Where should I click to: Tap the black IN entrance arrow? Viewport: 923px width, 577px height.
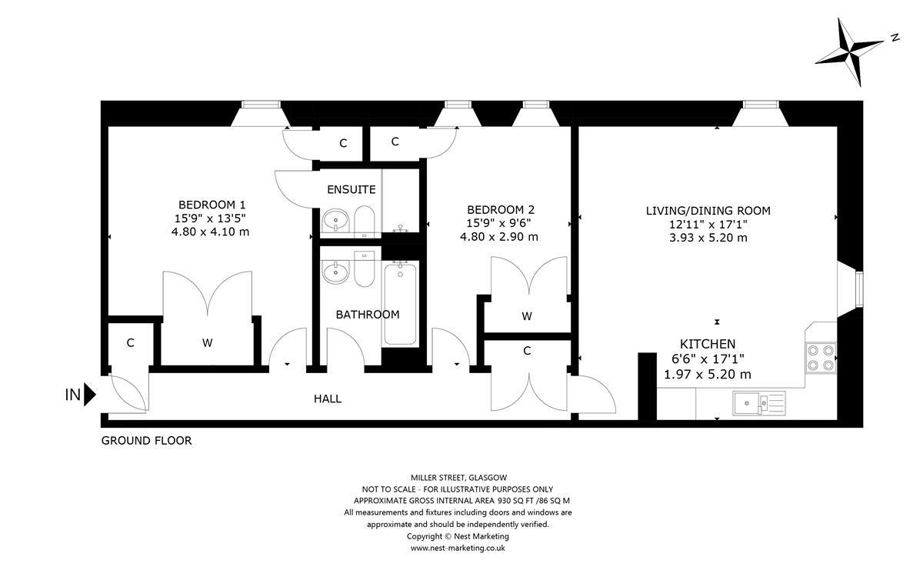pyautogui.click(x=90, y=395)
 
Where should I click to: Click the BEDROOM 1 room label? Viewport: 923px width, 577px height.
pyautogui.click(x=212, y=205)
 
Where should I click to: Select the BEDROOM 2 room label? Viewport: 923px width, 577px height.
pyautogui.click(x=500, y=210)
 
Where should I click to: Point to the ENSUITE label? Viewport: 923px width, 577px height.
pyautogui.click(x=351, y=189)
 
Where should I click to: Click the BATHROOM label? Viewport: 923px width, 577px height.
pyautogui.click(x=368, y=315)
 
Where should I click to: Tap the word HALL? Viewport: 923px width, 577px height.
pyautogui.click(x=328, y=399)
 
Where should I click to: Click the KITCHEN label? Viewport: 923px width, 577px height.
pyautogui.click(x=708, y=344)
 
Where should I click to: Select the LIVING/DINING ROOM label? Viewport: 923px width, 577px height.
pyautogui.click(x=708, y=211)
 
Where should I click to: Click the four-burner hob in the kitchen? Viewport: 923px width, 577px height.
pyautogui.click(x=821, y=358)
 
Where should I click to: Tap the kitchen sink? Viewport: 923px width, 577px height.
pyautogui.click(x=759, y=403)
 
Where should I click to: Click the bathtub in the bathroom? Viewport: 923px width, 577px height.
pyautogui.click(x=400, y=304)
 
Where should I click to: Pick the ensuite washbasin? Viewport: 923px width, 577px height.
pyautogui.click(x=335, y=221)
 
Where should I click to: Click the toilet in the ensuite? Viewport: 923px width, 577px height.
pyautogui.click(x=365, y=222)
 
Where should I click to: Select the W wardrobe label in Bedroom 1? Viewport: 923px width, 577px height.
pyautogui.click(x=207, y=343)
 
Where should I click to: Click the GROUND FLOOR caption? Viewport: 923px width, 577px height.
pyautogui.click(x=146, y=441)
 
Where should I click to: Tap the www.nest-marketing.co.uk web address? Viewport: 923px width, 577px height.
pyautogui.click(x=458, y=548)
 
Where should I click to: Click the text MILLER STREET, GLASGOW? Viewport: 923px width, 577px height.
pyautogui.click(x=458, y=478)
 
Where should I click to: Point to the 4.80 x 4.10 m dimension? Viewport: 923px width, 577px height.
pyautogui.click(x=210, y=232)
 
